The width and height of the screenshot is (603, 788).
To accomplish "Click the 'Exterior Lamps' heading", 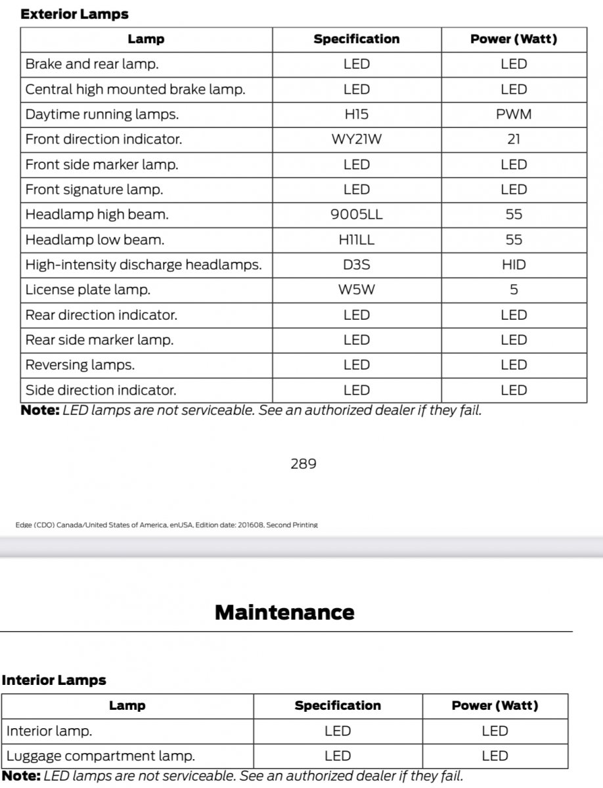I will [x=74, y=14].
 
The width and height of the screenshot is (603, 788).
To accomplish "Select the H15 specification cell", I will [x=357, y=114].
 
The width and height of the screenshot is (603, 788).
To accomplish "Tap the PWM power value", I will [x=514, y=114].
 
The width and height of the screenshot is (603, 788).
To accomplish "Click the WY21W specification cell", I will [x=357, y=139].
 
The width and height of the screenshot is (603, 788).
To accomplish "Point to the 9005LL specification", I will [x=357, y=215].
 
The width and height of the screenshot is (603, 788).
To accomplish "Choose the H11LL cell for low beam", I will [x=357, y=240].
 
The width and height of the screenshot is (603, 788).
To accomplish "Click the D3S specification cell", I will [x=357, y=265].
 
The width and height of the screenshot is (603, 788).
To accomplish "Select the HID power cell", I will [x=514, y=265].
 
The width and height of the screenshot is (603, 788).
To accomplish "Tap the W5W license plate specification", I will [x=357, y=290].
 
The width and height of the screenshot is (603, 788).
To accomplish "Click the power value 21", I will [x=514, y=139].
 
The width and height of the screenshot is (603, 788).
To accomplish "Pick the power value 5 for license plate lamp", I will [x=514, y=290].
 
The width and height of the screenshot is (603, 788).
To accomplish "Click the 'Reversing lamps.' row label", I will [x=79, y=365].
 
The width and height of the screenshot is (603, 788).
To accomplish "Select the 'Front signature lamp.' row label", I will [x=94, y=190].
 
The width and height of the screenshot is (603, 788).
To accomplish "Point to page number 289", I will [x=303, y=464].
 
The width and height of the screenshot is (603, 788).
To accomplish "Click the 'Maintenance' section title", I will [x=284, y=613].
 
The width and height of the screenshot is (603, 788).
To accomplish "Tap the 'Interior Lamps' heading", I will [x=54, y=680].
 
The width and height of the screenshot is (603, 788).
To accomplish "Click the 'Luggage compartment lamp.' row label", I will [x=100, y=756].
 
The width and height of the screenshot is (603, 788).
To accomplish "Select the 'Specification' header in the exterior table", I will [x=357, y=39].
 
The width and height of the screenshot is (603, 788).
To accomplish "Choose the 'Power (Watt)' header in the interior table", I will [x=495, y=706].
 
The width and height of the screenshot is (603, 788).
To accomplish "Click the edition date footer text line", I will [x=166, y=525].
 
